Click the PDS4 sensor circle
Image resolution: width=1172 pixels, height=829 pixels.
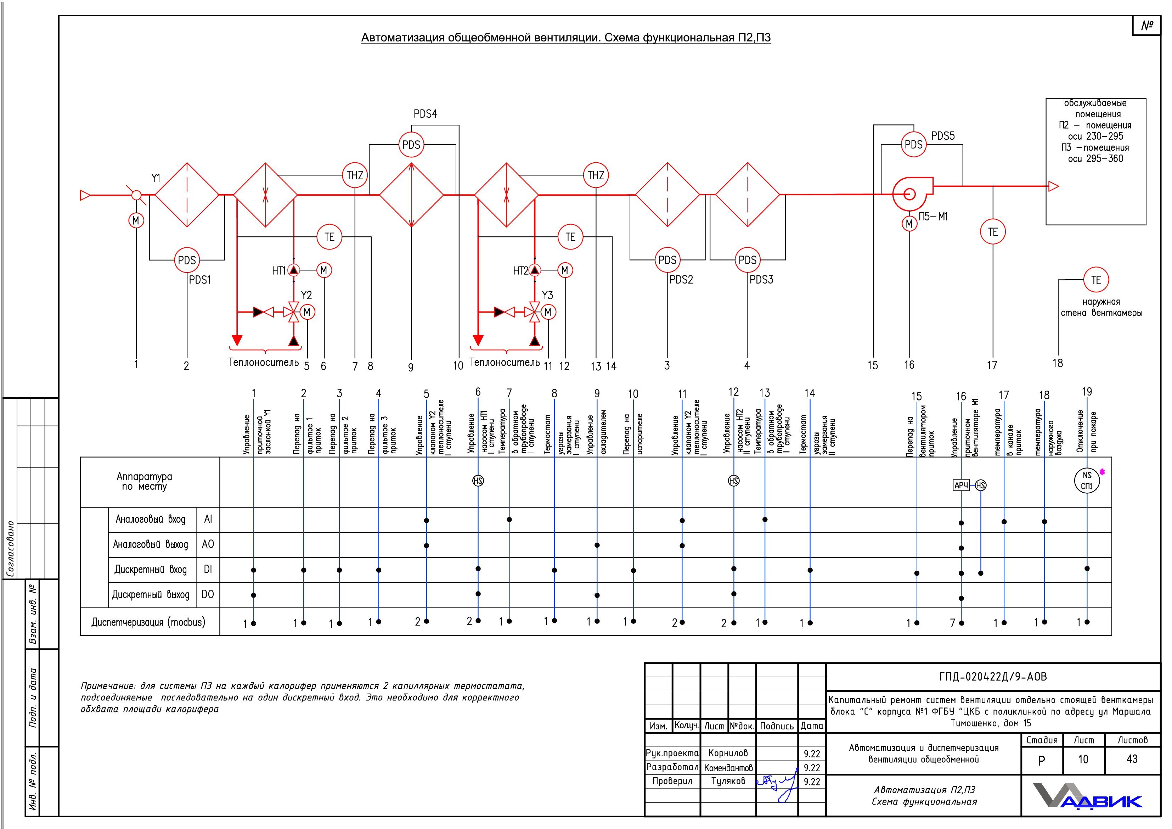point(411,145)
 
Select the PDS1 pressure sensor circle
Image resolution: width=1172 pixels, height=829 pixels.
point(187,260)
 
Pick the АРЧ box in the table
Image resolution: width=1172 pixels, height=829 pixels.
point(961,485)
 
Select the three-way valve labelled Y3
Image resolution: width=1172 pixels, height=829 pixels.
point(534,312)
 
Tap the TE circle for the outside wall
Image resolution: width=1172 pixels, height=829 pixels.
point(1096,280)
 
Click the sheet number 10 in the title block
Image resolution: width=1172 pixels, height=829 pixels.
point(1083,760)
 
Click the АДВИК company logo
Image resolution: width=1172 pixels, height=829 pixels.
point(1087,796)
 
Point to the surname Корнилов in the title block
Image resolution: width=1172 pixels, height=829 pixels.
point(728,753)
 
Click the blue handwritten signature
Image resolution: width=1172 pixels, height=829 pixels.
point(777,782)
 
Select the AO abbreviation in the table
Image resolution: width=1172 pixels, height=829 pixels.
point(208,544)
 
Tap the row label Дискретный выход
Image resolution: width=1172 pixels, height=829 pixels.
point(151,595)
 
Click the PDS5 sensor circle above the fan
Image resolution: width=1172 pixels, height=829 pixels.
point(913,145)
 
